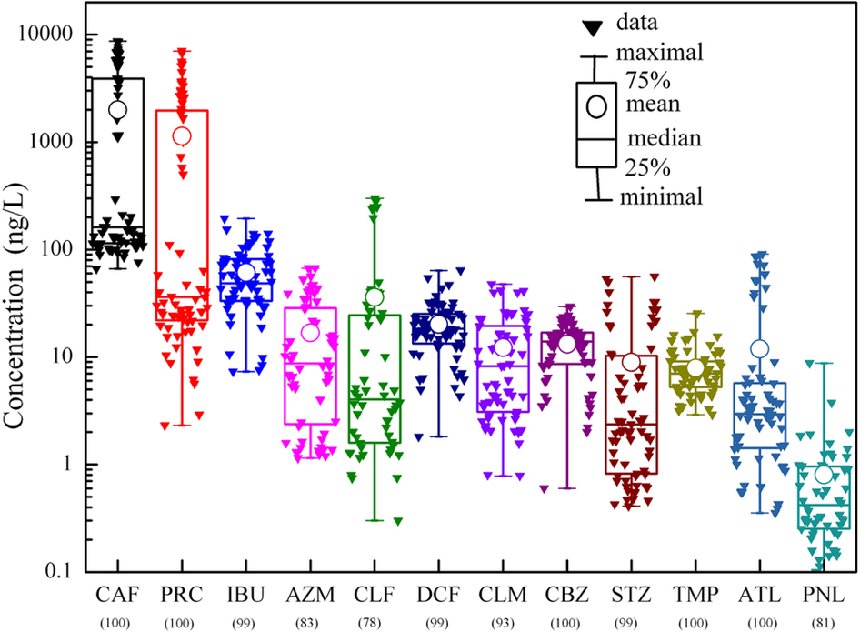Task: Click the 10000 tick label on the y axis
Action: pyautogui.click(x=45, y=34)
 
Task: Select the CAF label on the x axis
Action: pyautogui.click(x=116, y=595)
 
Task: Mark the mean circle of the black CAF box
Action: pyautogui.click(x=116, y=109)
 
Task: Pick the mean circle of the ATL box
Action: pyautogui.click(x=760, y=349)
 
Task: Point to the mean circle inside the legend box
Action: pyautogui.click(x=596, y=105)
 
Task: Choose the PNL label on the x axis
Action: pyautogui.click(x=825, y=595)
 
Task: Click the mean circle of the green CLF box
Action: pyautogui.click(x=375, y=297)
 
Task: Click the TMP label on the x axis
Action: pyautogui.click(x=695, y=595)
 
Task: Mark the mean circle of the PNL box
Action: pyautogui.click(x=824, y=474)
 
